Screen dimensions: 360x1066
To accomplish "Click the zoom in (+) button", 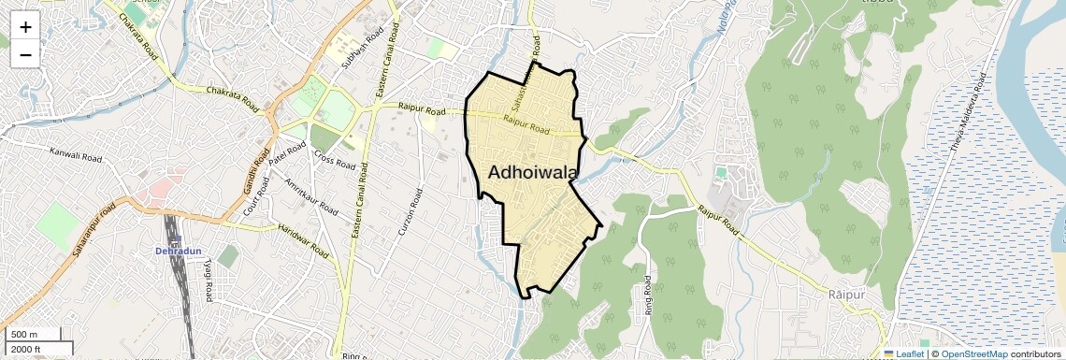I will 25,26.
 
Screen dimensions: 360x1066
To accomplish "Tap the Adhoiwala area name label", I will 532,172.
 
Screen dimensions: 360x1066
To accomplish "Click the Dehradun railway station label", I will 176,251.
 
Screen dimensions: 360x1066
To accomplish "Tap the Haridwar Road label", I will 304,240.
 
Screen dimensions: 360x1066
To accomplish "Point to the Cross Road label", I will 334,160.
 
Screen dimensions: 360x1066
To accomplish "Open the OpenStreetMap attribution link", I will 974,354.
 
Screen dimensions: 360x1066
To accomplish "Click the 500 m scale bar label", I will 24,335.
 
